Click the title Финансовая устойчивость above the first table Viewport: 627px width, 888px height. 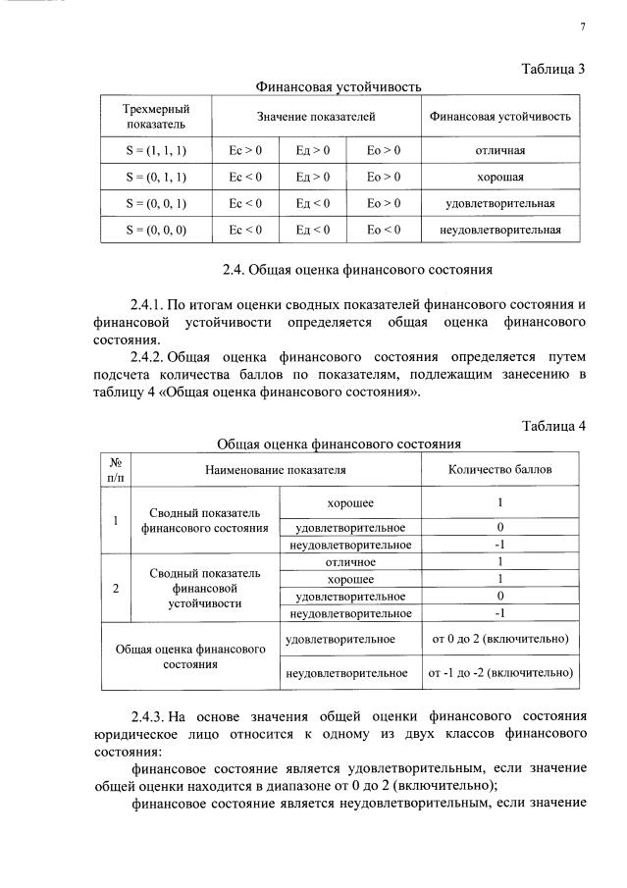339,87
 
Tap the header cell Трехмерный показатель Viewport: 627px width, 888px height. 155,116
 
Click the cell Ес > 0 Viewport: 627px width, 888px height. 244,151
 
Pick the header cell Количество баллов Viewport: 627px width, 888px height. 499,469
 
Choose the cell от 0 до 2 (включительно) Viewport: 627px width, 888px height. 499,639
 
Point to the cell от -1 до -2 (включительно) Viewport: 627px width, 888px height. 499,674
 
